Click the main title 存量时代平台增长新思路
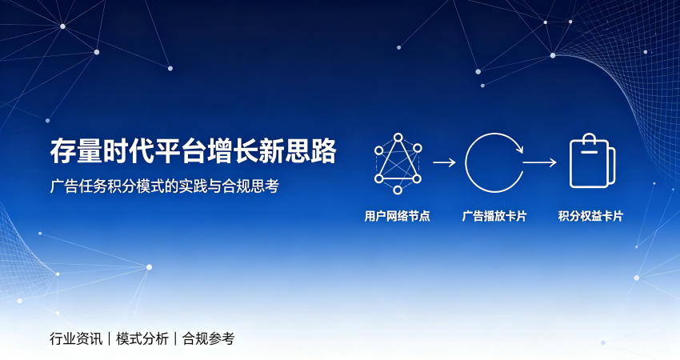(194, 151)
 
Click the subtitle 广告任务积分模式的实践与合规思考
(164, 186)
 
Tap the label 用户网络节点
(398, 216)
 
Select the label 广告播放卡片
(494, 216)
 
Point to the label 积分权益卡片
(590, 216)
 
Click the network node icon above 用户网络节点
(398, 163)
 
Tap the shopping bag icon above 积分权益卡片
(592, 161)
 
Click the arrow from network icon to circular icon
(444, 162)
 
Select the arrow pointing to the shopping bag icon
(540, 162)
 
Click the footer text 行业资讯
(76, 338)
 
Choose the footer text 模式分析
(142, 338)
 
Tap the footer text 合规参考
(208, 338)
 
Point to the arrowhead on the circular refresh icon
(519, 150)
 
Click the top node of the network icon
(398, 138)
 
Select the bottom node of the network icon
(398, 190)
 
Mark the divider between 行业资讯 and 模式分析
(110, 338)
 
